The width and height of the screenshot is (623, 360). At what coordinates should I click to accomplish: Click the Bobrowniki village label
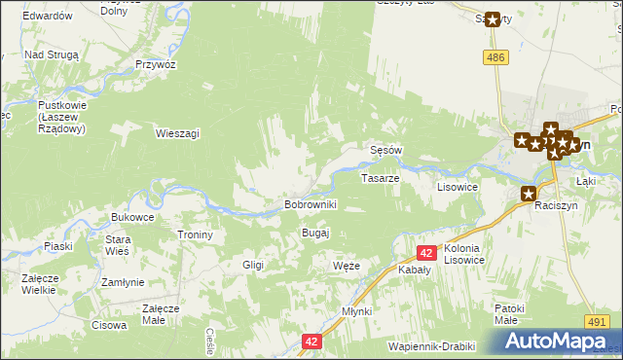(310, 204)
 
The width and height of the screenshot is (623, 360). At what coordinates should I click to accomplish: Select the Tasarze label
(380, 179)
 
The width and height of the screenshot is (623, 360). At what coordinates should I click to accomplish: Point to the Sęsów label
(386, 151)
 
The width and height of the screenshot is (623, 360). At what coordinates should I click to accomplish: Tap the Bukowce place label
(133, 216)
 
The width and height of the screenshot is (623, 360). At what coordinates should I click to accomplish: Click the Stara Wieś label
(118, 245)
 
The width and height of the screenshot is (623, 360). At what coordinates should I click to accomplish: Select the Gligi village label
(253, 265)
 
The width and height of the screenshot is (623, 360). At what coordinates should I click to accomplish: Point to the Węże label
(347, 266)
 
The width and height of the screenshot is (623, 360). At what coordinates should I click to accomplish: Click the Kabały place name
(415, 273)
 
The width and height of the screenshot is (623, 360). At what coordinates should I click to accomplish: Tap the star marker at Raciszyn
(530, 194)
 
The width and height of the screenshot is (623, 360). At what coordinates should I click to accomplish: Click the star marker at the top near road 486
(493, 18)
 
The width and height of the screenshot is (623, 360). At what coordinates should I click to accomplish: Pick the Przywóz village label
(156, 63)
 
